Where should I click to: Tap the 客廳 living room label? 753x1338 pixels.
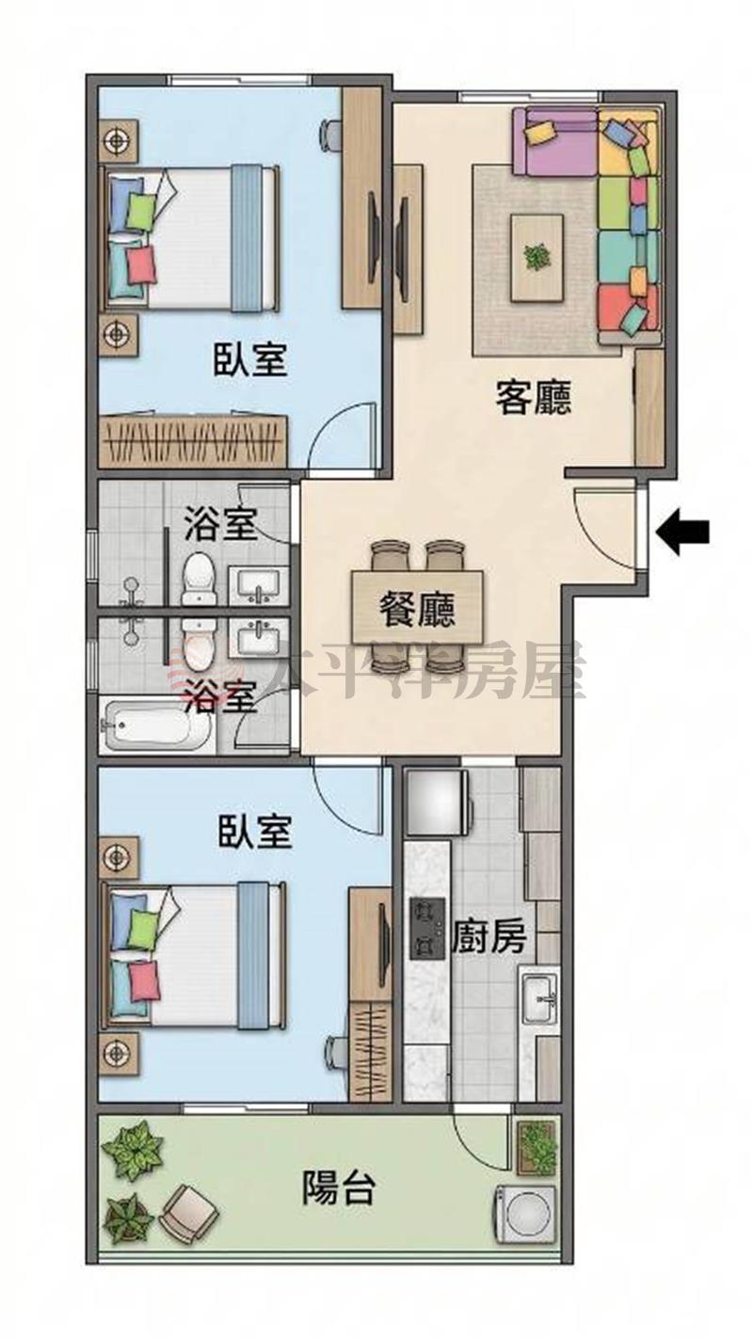(x=533, y=398)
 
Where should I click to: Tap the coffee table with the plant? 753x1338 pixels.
(x=537, y=258)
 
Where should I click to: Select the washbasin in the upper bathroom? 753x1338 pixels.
(x=258, y=585)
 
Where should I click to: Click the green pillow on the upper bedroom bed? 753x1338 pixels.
(x=142, y=212)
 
